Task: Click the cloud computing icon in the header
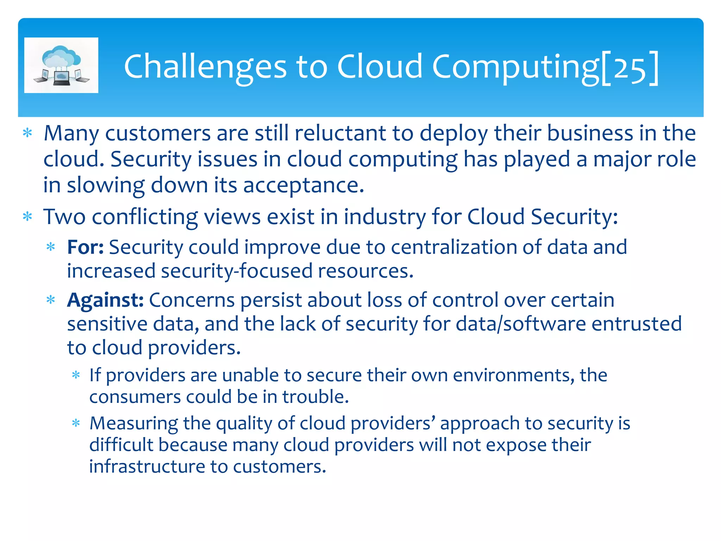tap(61, 65)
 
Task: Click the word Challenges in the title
tap(205, 67)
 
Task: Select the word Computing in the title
tap(515, 67)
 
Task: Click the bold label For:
tap(85, 247)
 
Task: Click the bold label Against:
tap(105, 300)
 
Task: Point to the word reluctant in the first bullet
tap(340, 133)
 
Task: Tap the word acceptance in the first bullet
tap(303, 185)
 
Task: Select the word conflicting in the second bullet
tap(145, 217)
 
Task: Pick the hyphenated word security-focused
tap(237, 271)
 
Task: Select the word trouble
tap(315, 397)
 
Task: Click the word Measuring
tap(133, 423)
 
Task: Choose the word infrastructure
tap(147, 467)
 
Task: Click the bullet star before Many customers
tap(27, 133)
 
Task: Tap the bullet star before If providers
tap(76, 375)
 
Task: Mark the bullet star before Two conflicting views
tap(27, 217)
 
